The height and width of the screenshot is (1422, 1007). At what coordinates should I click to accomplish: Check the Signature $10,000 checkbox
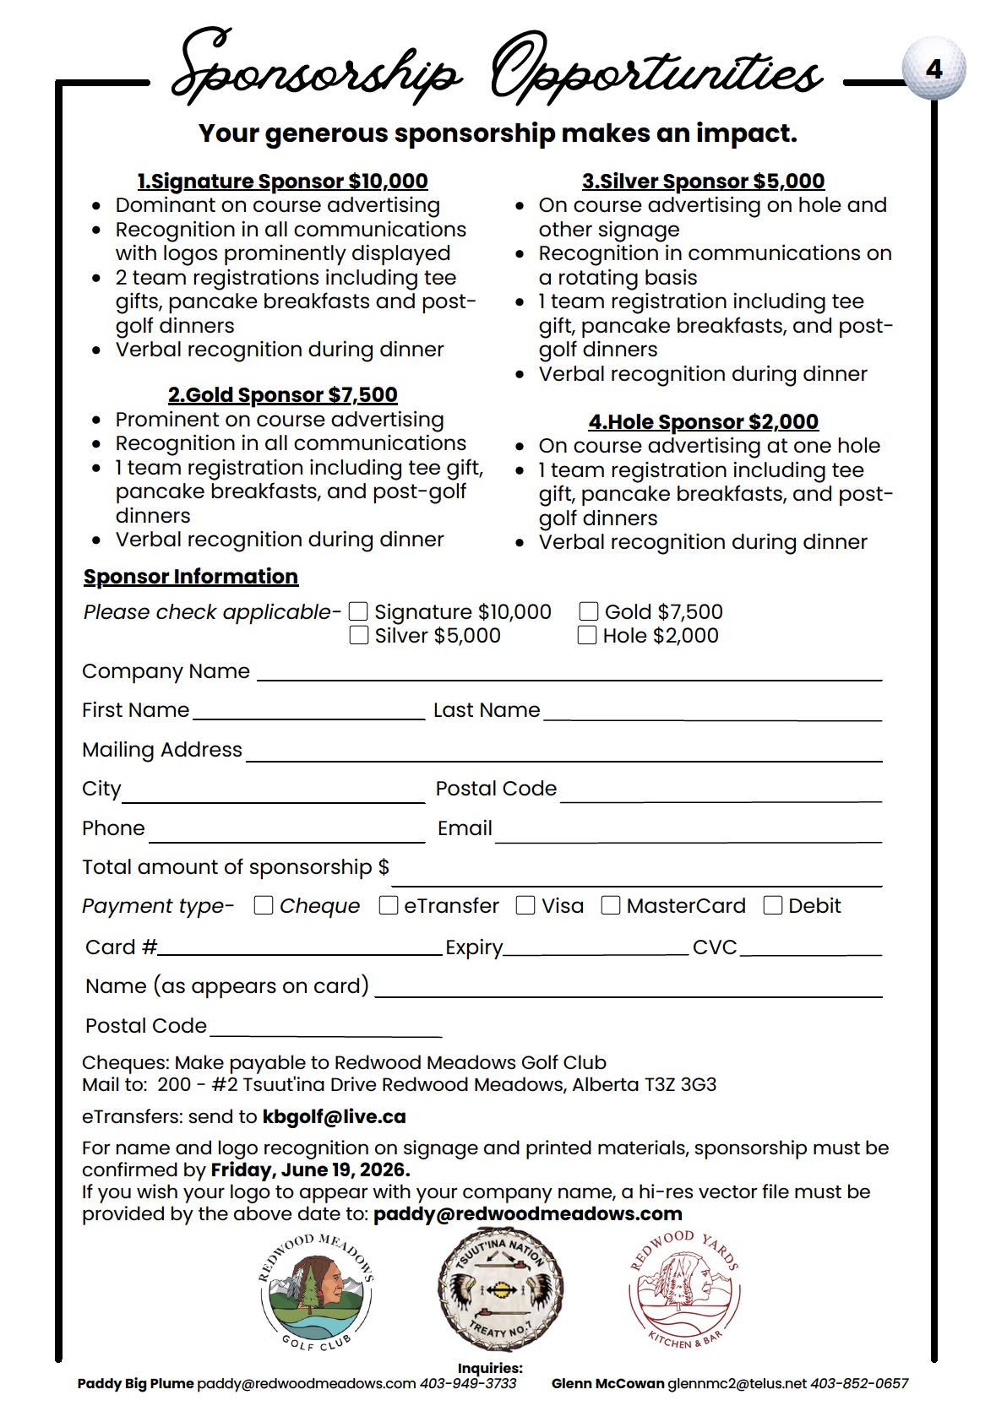pos(359,611)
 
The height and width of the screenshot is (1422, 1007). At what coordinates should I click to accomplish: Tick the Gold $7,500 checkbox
pos(589,611)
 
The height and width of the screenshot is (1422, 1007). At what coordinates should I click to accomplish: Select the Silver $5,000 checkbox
pos(359,635)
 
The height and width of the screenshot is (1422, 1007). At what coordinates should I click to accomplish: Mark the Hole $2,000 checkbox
pos(587,635)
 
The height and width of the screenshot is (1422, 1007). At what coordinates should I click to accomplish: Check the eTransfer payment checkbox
pos(389,905)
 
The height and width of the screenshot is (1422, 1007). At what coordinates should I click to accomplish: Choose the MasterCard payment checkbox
pos(611,905)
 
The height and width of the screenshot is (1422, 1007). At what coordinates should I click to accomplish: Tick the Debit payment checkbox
pos(772,905)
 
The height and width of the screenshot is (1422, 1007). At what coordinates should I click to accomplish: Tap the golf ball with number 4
pos(934,68)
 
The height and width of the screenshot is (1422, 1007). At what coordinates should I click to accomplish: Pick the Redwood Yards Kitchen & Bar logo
pos(685,1289)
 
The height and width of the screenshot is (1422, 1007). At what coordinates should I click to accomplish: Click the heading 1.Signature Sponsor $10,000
pos(283,181)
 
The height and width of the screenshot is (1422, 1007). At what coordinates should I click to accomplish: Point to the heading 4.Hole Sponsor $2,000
pos(703,421)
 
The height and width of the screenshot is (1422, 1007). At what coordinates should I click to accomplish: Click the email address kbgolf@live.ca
pos(334,1116)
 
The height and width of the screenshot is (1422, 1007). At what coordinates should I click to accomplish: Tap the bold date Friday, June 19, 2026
pos(310,1170)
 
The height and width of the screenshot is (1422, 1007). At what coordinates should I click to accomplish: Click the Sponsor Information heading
pos(191,577)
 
